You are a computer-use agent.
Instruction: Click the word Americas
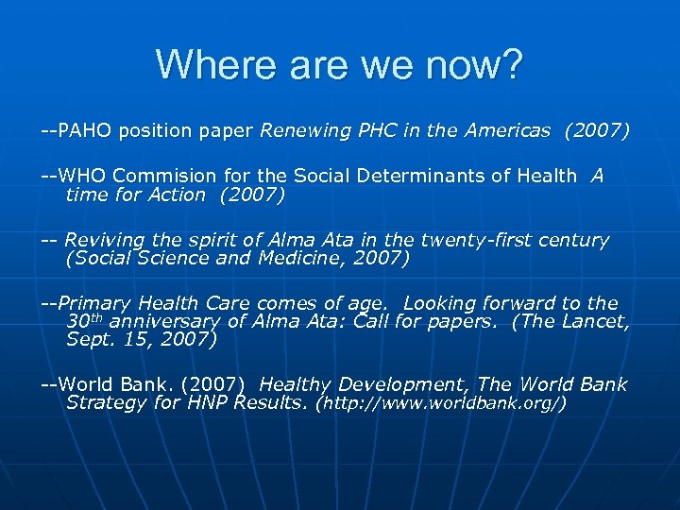[506, 131]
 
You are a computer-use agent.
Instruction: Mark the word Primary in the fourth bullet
[95, 303]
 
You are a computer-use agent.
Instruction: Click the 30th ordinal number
[83, 321]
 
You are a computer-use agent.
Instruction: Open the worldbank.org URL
[440, 404]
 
